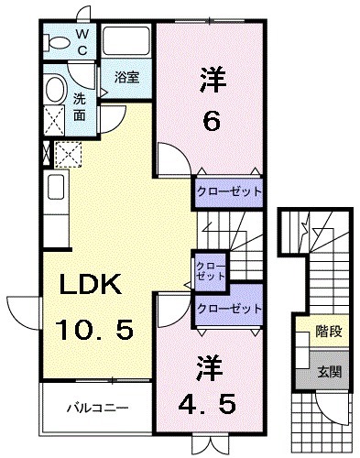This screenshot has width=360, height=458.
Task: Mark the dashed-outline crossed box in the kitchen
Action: [67, 153]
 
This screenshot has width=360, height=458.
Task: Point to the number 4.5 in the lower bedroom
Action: [209, 404]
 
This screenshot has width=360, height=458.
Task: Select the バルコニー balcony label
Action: [96, 405]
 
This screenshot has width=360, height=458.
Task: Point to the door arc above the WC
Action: [84, 11]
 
